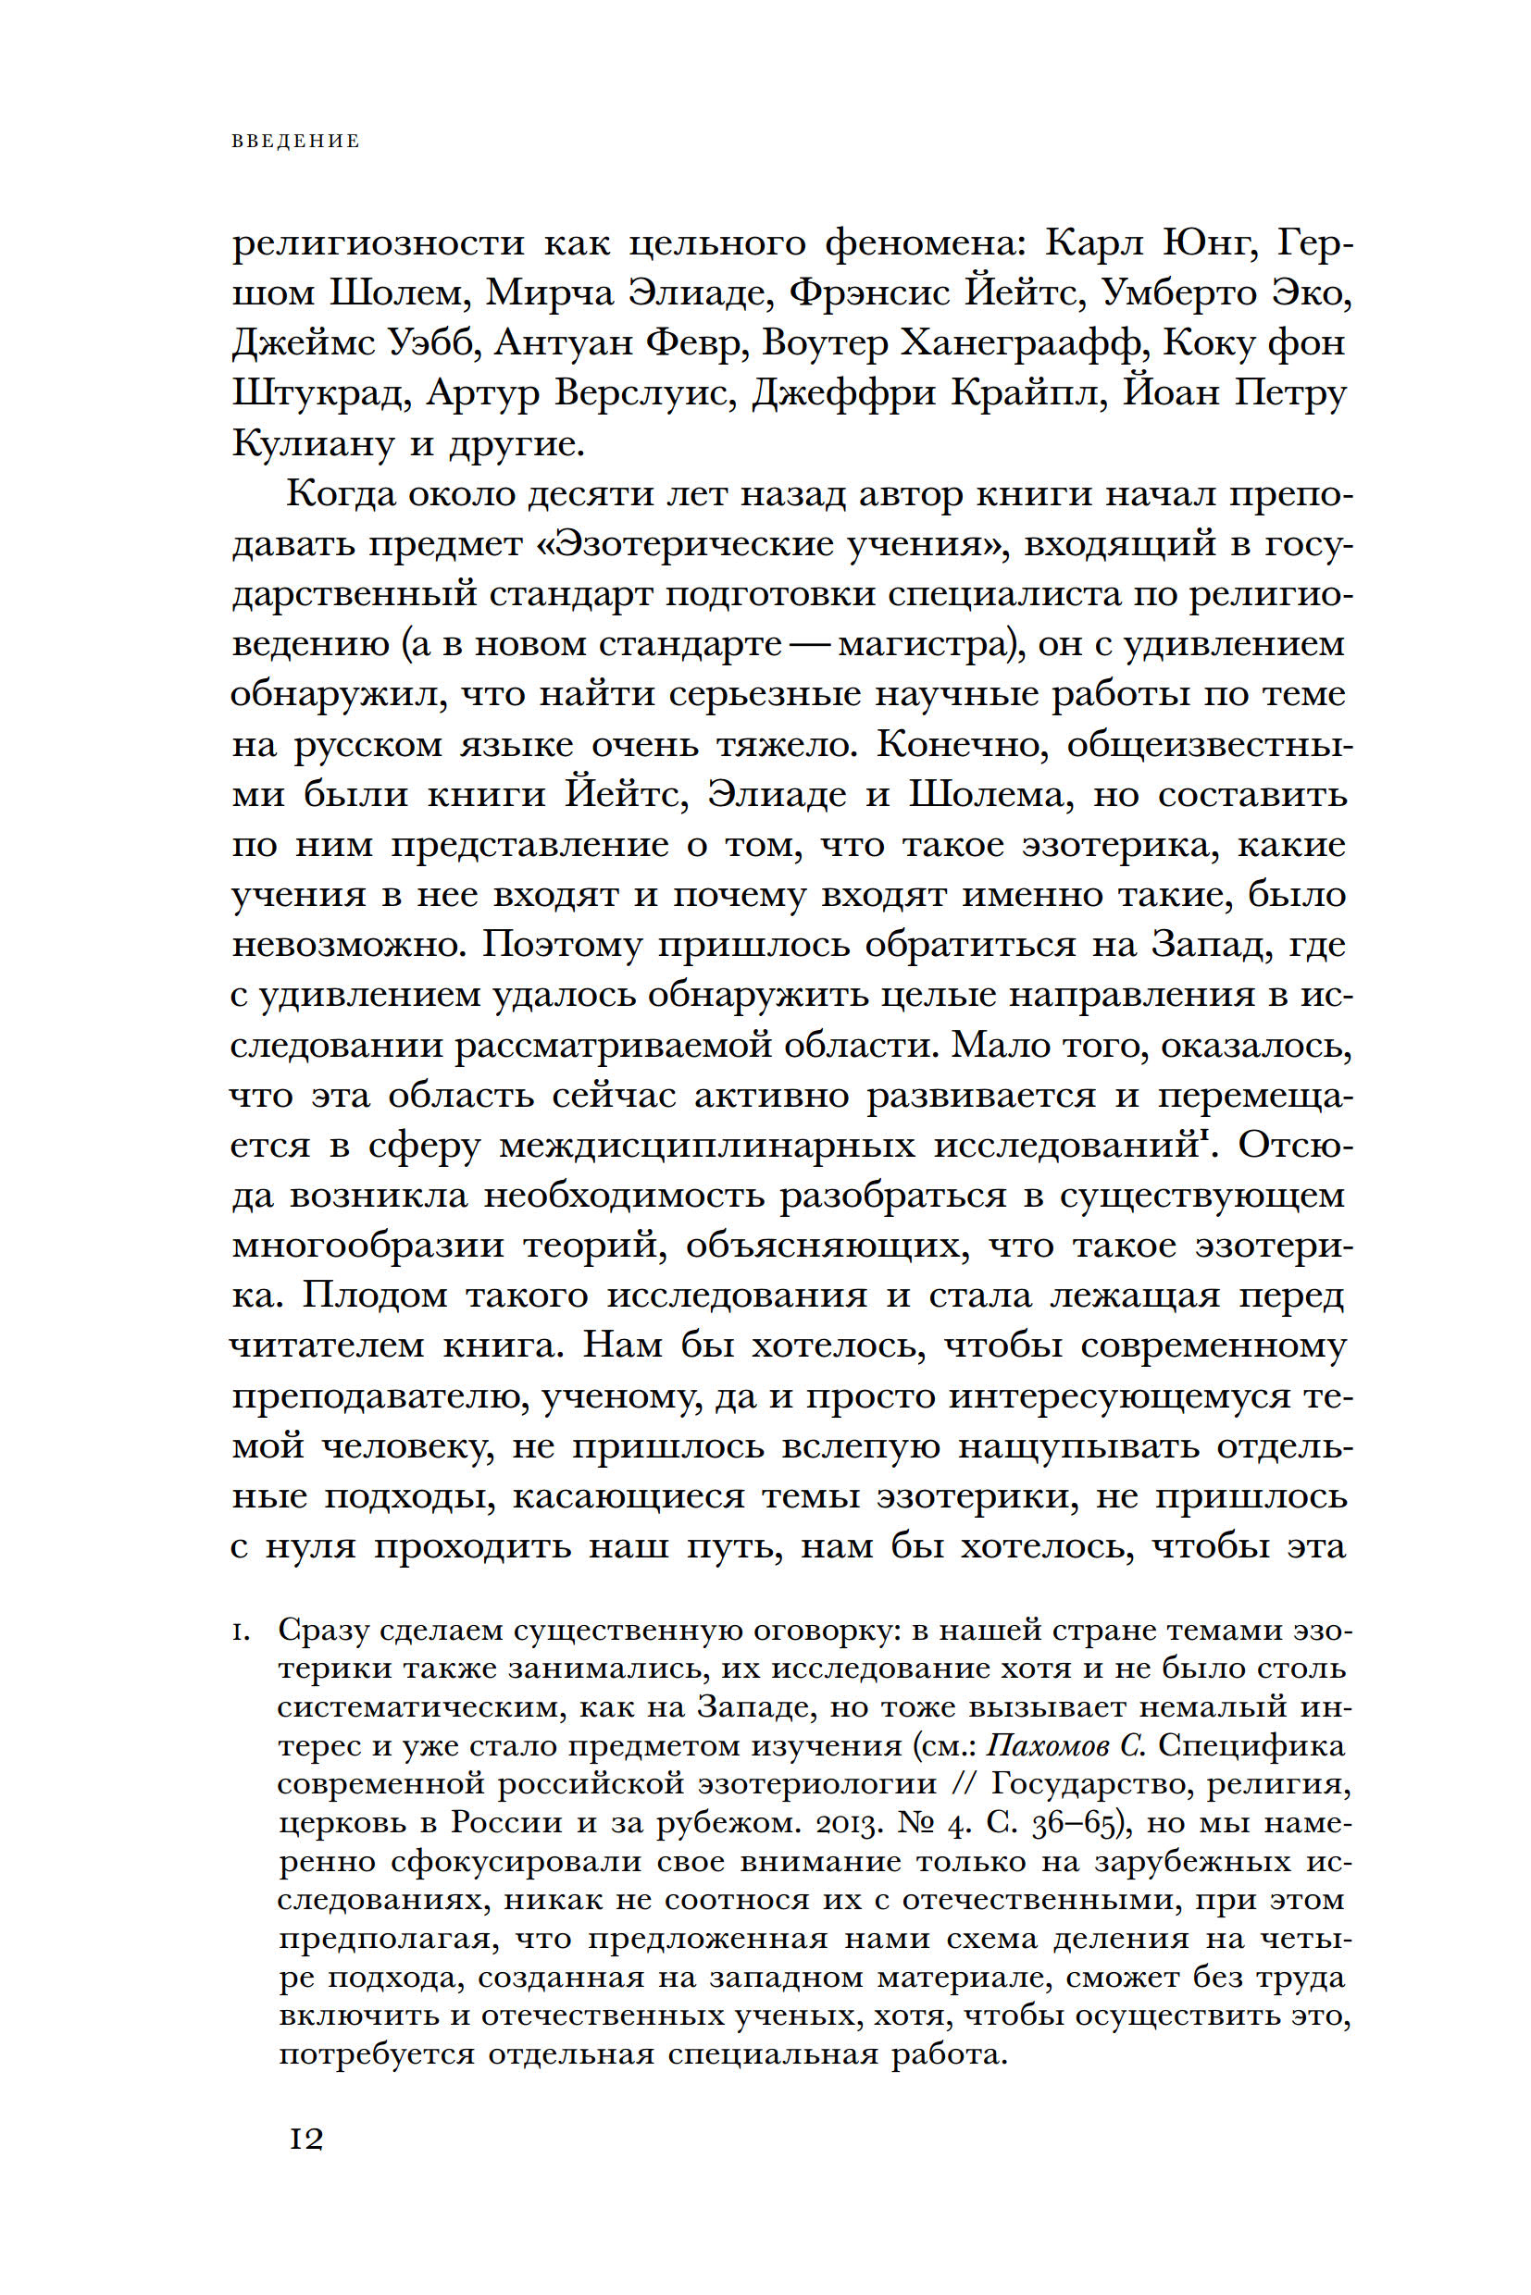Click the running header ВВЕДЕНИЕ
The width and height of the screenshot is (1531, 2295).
pos(296,142)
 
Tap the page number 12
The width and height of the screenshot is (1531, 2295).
pos(305,2140)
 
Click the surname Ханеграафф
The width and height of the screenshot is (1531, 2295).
pos(1021,342)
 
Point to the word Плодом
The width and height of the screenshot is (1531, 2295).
pos(375,1296)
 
